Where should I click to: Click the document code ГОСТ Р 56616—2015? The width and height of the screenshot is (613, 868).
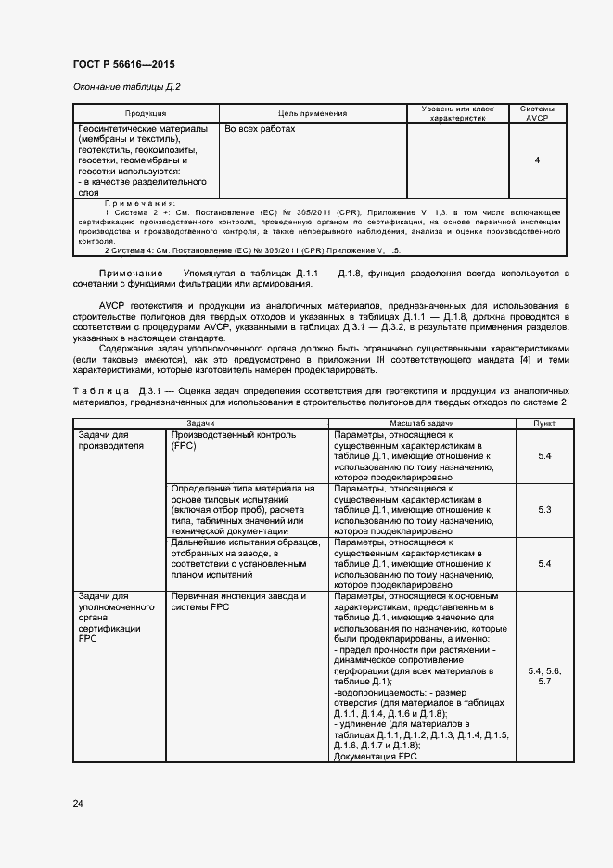[122, 65]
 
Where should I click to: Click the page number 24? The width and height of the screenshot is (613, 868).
[78, 803]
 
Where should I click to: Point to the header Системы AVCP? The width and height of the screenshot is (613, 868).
[537, 113]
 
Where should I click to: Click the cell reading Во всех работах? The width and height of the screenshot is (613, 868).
[260, 129]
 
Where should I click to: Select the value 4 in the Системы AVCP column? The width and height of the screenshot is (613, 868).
[537, 160]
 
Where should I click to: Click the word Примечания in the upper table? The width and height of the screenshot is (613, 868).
[140, 203]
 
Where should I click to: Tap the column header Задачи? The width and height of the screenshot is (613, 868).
[200, 422]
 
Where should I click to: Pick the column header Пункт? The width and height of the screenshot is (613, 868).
[544, 422]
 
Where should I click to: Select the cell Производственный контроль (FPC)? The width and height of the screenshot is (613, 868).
[233, 440]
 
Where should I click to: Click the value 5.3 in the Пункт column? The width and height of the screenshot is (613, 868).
[544, 510]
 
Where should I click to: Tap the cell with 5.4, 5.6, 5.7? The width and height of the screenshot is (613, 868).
[544, 675]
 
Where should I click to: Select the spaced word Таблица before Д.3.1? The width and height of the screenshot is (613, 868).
[103, 390]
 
